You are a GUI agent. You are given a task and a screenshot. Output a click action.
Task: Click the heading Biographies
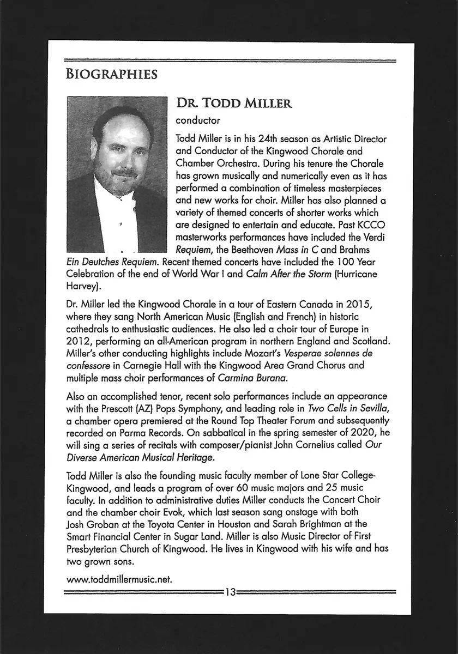pyautogui.click(x=111, y=74)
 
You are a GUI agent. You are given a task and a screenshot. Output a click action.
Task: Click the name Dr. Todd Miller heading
pyautogui.click(x=234, y=103)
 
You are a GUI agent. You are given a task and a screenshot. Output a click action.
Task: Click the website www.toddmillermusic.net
pyautogui.click(x=119, y=579)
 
